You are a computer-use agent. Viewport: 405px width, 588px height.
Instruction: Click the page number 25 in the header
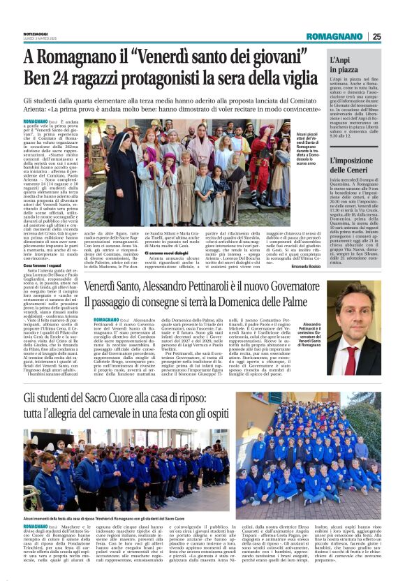coord(376,37)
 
